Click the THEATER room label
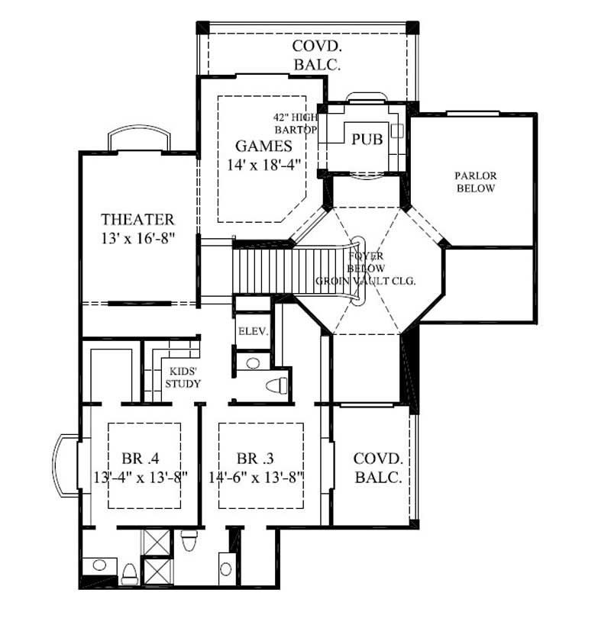[x=138, y=220]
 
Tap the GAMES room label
[x=263, y=146]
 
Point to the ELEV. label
[x=251, y=331]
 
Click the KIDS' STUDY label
[x=183, y=377]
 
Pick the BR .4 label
[x=139, y=459]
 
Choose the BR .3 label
[x=255, y=459]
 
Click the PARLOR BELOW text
[x=475, y=182]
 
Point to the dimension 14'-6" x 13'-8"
[x=257, y=478]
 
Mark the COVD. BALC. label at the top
[x=315, y=55]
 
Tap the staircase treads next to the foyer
[x=263, y=270]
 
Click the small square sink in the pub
[x=396, y=130]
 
